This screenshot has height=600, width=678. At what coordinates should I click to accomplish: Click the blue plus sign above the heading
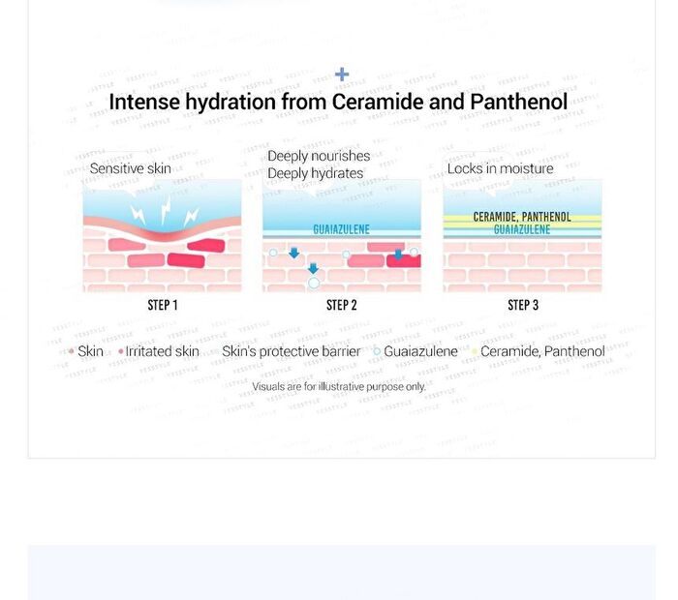coord(342,75)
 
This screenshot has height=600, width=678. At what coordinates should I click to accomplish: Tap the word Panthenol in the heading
coord(518,102)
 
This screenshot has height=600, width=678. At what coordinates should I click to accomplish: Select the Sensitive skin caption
coord(130,168)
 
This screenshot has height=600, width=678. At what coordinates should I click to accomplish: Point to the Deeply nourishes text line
coord(319,156)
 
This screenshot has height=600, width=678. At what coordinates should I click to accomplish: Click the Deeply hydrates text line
coord(315,173)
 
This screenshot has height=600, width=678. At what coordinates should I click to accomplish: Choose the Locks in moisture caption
coord(501,168)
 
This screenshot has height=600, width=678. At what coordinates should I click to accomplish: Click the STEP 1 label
coord(163,306)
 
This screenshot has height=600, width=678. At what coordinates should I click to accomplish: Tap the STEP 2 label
coord(342,306)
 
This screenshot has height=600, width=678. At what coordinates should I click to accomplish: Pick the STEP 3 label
coord(523,306)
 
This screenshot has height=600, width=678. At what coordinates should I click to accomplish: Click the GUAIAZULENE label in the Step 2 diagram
coord(342,229)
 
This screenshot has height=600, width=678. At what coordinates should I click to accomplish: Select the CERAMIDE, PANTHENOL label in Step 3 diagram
coord(522,217)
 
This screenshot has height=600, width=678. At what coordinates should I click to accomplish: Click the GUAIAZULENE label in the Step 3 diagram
coord(522,229)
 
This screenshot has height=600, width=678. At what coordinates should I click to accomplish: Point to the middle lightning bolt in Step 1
coord(166,210)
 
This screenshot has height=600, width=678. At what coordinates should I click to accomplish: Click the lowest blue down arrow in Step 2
coord(313,268)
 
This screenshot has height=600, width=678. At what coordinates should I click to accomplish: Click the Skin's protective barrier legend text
coord(291,351)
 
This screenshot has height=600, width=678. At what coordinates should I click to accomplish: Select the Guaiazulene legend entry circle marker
coord(377,351)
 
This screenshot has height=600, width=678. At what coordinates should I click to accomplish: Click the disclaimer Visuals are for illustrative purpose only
coord(339,386)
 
